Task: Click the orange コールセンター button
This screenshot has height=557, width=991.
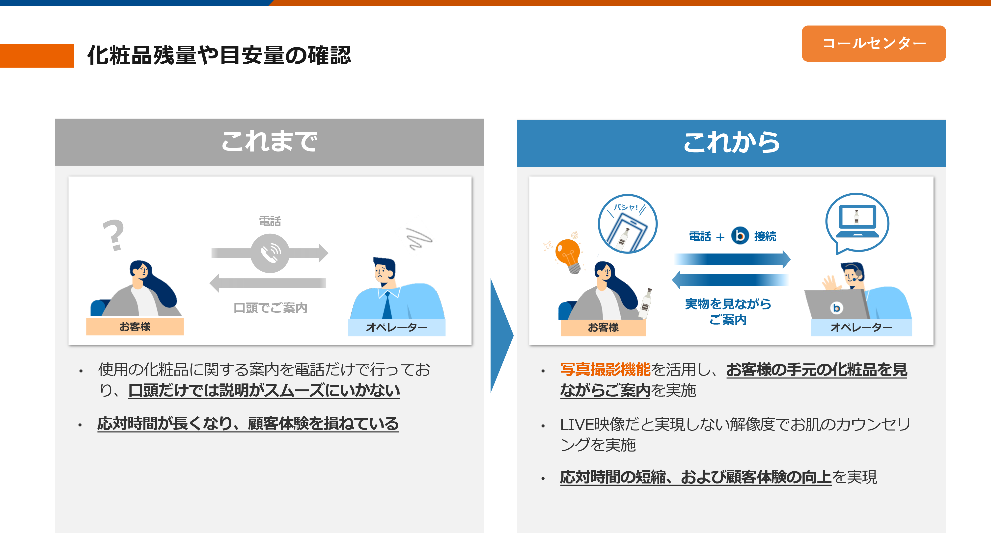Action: pos(873,43)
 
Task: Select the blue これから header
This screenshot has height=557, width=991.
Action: pos(731,143)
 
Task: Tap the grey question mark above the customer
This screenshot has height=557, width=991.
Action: pos(113,235)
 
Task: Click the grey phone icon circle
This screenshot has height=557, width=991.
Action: pos(270,253)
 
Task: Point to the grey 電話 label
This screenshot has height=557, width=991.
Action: pos(270,221)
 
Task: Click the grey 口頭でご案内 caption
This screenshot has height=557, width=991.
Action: pos(271,307)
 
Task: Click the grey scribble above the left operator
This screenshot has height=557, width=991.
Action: pos(419,238)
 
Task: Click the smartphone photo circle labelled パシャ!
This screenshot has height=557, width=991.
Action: pos(628,224)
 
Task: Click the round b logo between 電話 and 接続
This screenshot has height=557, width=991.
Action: pos(740,236)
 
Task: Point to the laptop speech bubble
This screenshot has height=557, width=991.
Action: pos(857,223)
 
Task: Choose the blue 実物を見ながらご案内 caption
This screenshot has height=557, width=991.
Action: pos(728,311)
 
